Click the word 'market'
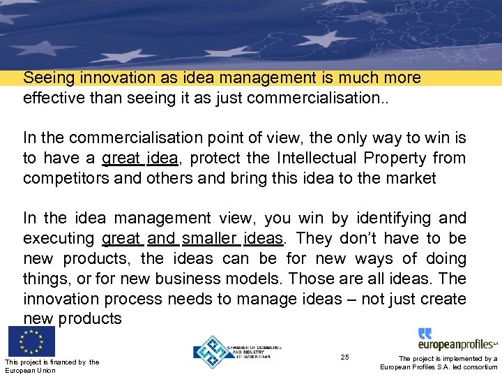click(x=410, y=178)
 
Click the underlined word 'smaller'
click(x=210, y=239)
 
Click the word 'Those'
click(x=311, y=279)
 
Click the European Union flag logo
click(x=31, y=341)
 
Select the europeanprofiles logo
click(x=457, y=340)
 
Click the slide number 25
click(x=344, y=357)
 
